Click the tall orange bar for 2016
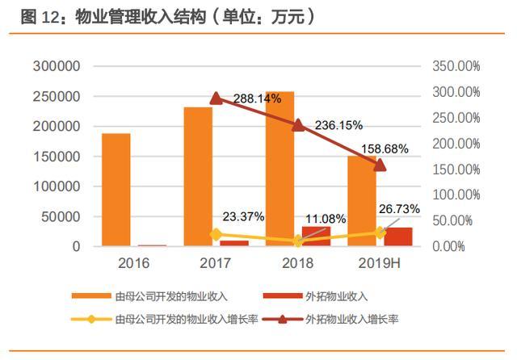[116, 190]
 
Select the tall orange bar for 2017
[198, 176]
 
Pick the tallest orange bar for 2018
[280, 169]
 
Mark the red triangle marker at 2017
[216, 98]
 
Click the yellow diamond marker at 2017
[216, 234]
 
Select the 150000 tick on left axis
[57, 157]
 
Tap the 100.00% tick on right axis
[456, 195]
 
